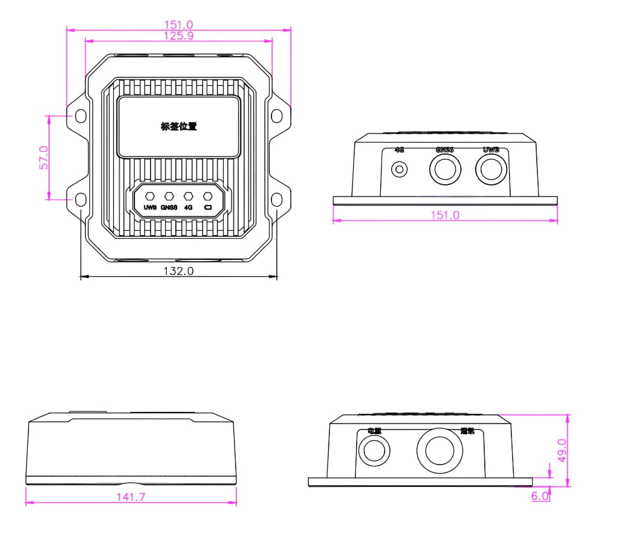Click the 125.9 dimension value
[x=178, y=36]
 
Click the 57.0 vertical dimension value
[x=43, y=157]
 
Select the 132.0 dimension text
[x=178, y=271]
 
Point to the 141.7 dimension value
[x=130, y=497]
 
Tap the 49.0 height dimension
[x=562, y=450]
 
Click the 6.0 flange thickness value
[x=540, y=496]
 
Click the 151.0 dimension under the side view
[x=444, y=215]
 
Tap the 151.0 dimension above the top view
[x=178, y=25]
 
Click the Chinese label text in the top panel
[x=178, y=127]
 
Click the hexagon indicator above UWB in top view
[x=150, y=196]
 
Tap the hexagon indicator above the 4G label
[x=189, y=196]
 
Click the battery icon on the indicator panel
[x=208, y=208]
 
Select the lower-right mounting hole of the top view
[x=277, y=199]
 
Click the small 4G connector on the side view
[x=399, y=169]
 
